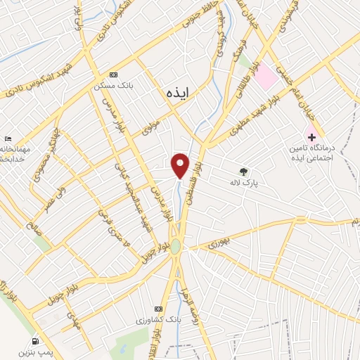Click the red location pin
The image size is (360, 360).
coord(181,165)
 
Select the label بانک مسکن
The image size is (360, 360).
coord(108,87)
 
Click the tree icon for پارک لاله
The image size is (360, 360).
coord(243,171)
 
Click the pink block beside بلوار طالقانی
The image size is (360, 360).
coord(265,77)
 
